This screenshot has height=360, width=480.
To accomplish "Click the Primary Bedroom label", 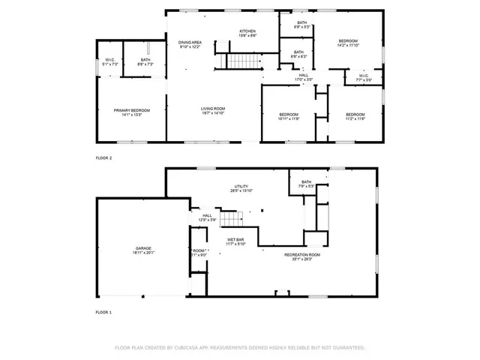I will (127, 112).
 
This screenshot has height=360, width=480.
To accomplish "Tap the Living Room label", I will (213, 111).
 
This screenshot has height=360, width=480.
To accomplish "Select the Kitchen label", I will (247, 33).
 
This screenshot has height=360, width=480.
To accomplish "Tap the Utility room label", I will (241, 188).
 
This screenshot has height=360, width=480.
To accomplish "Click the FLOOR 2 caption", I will (103, 158).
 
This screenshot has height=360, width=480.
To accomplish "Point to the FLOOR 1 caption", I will (103, 311).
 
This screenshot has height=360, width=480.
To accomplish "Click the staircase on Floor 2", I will (241, 61).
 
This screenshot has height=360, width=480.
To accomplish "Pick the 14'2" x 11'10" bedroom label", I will (348, 43).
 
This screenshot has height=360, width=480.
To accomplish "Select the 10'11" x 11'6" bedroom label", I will (289, 116).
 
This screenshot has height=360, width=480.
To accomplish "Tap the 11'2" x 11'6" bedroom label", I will (355, 116).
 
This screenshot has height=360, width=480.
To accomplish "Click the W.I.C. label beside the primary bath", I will (109, 62).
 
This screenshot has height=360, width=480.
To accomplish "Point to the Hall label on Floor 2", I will (304, 76).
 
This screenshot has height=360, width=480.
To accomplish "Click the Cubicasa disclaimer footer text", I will (239, 348).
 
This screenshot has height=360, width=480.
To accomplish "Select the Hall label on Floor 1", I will (207, 217).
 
